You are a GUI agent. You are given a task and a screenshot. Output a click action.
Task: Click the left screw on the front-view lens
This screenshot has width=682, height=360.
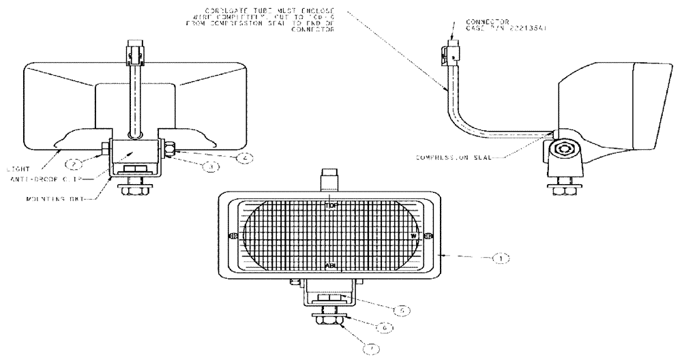tap(231, 236)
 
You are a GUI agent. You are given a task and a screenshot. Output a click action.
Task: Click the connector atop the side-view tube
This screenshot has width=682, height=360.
tap(451, 51)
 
